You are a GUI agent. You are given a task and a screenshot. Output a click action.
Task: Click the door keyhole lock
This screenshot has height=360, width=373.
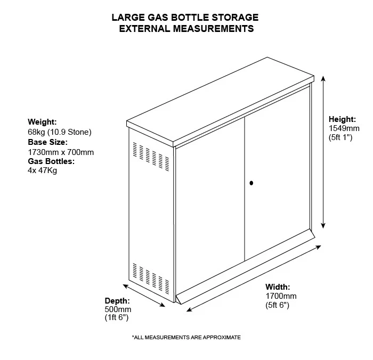click(251, 183)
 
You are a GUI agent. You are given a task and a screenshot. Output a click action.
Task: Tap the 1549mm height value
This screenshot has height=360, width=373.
click(344, 128)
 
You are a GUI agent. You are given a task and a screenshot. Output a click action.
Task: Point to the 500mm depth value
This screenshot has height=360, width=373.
click(118, 309)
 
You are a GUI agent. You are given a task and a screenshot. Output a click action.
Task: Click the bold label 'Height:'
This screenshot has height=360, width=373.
click(342, 119)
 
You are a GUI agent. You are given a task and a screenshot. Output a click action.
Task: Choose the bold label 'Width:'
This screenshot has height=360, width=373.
click(278, 287)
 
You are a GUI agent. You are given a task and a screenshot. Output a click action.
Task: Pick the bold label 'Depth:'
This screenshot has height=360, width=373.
click(117, 300)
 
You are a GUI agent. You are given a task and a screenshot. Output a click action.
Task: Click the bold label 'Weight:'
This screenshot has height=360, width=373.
click(42, 122)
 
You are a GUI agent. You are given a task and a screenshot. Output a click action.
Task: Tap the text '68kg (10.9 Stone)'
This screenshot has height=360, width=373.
click(60, 132)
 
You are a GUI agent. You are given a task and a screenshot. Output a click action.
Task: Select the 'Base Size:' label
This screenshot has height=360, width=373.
click(47, 142)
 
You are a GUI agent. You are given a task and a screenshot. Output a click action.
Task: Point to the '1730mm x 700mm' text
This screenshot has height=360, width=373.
click(60, 152)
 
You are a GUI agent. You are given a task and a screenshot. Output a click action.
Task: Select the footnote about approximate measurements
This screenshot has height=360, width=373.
click(186, 338)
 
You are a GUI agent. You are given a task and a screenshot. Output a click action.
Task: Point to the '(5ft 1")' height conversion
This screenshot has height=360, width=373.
click(340, 137)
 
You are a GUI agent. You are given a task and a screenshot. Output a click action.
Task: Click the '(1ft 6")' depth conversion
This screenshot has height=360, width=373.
click(117, 317)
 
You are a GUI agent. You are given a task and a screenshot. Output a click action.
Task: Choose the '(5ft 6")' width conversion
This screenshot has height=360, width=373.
click(278, 305)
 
